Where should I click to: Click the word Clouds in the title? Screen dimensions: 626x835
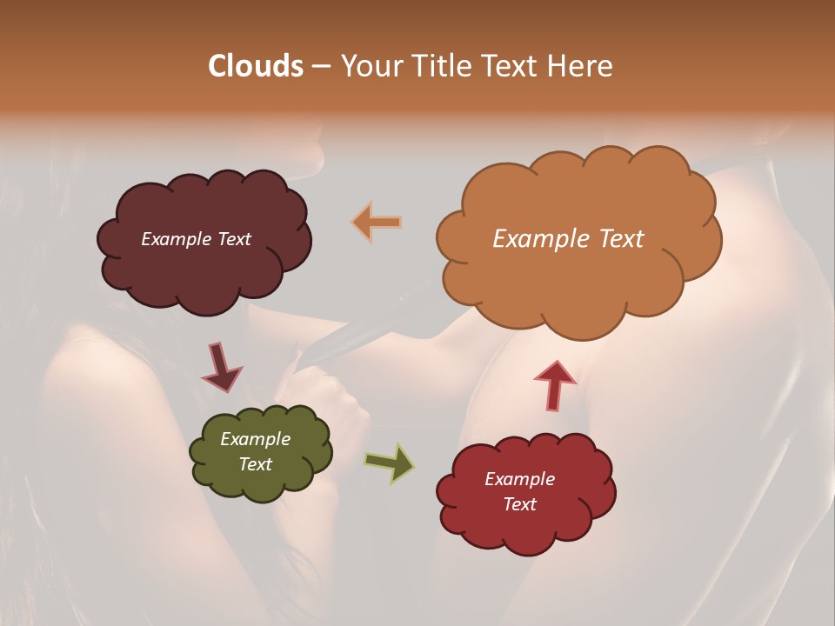pos(256,66)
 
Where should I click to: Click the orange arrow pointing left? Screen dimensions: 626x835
pos(377,223)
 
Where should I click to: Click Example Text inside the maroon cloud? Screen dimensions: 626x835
pos(196,239)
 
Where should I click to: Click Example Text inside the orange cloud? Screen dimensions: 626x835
pos(568,239)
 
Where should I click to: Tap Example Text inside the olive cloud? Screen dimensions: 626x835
pos(255,451)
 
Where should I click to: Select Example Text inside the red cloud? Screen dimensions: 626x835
pos(519,491)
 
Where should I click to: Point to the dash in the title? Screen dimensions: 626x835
pos(320,66)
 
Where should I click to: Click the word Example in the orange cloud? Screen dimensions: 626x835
pos(535,239)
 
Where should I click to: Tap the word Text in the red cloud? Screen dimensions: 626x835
pos(519,504)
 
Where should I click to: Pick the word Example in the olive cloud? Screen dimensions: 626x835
pos(255,439)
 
